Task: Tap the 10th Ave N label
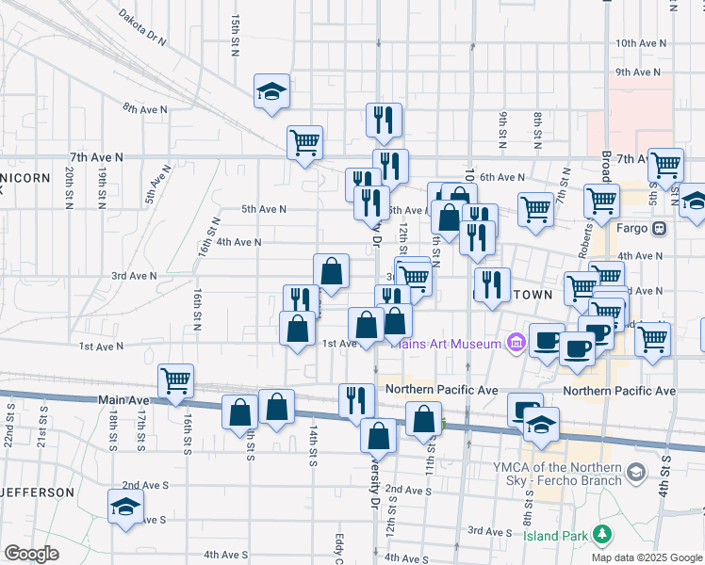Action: click(640, 43)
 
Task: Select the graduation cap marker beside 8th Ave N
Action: click(271, 91)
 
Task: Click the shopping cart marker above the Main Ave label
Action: click(176, 381)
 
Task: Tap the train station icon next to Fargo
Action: click(659, 228)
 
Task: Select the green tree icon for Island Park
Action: click(601, 536)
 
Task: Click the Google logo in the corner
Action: click(31, 554)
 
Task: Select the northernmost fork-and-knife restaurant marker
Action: click(384, 120)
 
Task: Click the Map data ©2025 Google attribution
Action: click(647, 557)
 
